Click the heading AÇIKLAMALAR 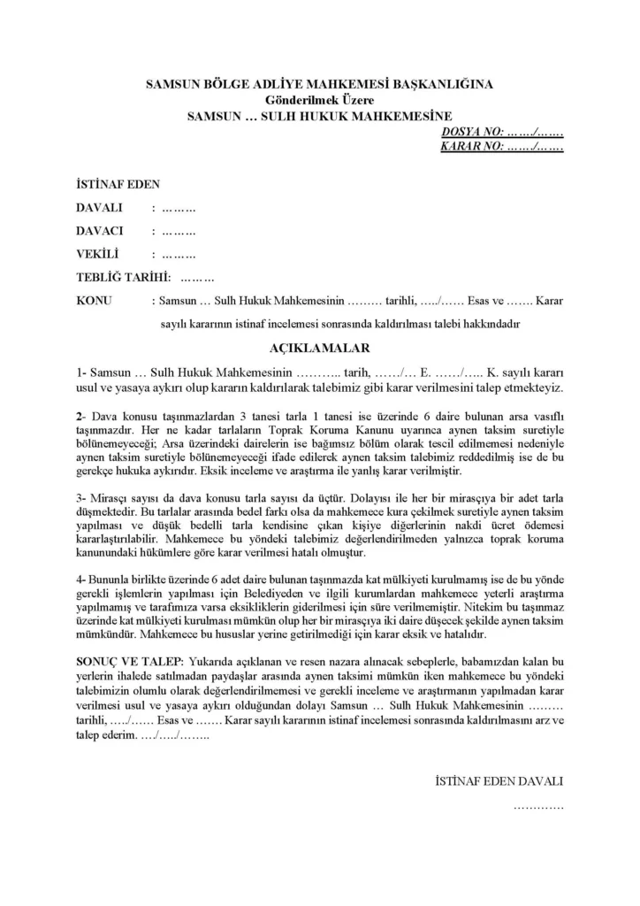click(x=319, y=348)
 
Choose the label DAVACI click(x=100, y=231)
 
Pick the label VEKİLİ click(x=98, y=254)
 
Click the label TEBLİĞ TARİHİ click(x=123, y=277)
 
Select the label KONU click(x=95, y=301)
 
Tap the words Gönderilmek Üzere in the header click(x=319, y=100)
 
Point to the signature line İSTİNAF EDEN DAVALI click(x=499, y=782)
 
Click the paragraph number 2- click(x=81, y=415)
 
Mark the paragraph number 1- click(x=81, y=372)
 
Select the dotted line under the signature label click(x=537, y=806)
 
